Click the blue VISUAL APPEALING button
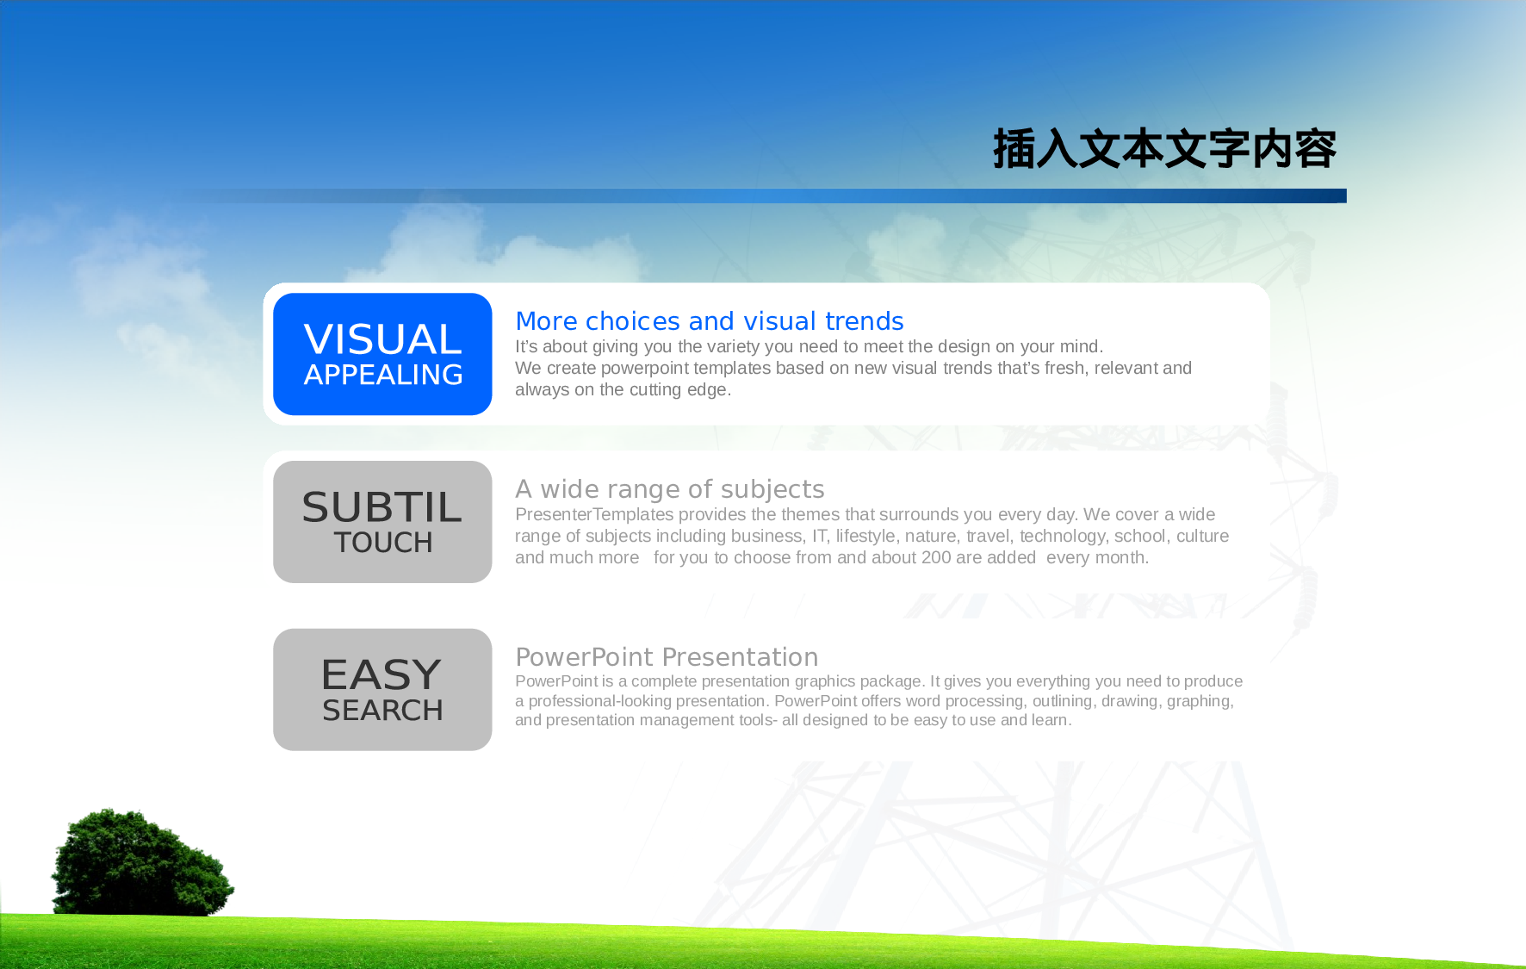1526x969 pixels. (x=382, y=354)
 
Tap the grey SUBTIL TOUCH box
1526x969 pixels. (x=382, y=522)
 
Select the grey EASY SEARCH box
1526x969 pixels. (x=382, y=689)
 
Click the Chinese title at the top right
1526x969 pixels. (x=1164, y=149)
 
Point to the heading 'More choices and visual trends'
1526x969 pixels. (x=710, y=320)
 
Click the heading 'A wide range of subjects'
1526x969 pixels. (x=670, y=488)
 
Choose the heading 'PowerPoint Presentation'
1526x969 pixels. (x=667, y=656)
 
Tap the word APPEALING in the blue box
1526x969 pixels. (x=383, y=375)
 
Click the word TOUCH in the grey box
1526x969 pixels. (x=383, y=543)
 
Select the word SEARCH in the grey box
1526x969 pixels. (x=383, y=711)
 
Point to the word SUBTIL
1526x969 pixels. (x=382, y=507)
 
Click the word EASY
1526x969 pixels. (x=381, y=674)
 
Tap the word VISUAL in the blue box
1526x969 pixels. (x=383, y=339)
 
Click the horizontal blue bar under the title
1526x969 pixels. (x=758, y=196)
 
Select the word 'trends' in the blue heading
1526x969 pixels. (x=865, y=320)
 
